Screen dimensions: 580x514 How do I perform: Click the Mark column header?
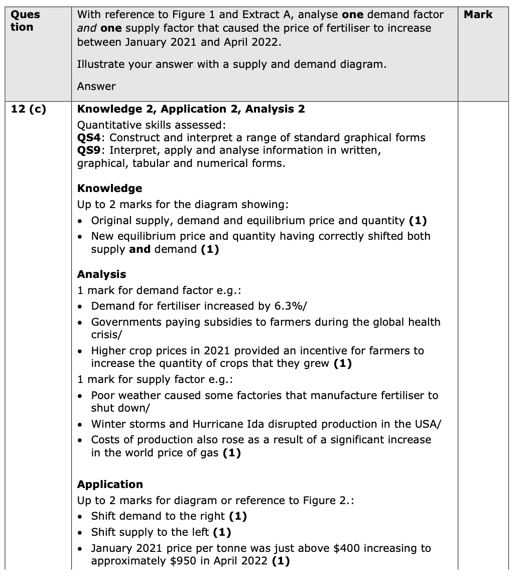click(478, 15)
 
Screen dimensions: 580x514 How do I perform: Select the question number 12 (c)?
click(28, 109)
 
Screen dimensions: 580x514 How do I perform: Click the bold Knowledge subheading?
click(109, 188)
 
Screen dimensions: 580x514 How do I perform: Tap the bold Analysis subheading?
click(101, 274)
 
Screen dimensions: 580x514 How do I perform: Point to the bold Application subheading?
click(110, 485)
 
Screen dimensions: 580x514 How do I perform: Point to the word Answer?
click(96, 86)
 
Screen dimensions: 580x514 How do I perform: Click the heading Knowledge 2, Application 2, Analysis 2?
click(191, 109)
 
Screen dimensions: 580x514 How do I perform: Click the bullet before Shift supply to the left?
click(83, 532)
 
